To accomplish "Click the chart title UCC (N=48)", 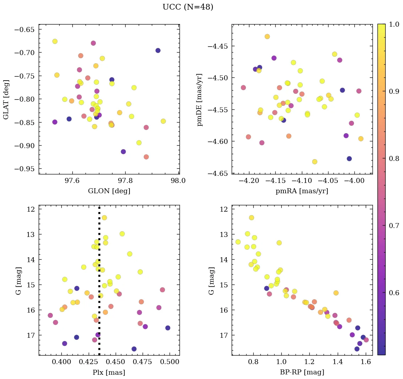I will (188, 7).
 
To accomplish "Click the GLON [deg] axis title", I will (109, 191).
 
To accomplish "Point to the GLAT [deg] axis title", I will (6, 99).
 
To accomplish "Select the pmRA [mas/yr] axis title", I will (302, 191).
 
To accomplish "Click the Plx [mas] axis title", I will (109, 372).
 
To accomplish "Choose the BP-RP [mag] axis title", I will (302, 372).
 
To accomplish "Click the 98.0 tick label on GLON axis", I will (178, 181).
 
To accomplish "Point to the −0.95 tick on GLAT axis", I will (25, 169).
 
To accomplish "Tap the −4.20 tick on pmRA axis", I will (249, 181).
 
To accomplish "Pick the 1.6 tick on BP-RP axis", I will (366, 362).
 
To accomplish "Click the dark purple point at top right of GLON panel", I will (158, 50).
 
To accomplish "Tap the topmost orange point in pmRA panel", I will (267, 37).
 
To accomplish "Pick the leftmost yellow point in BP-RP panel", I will (238, 242).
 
